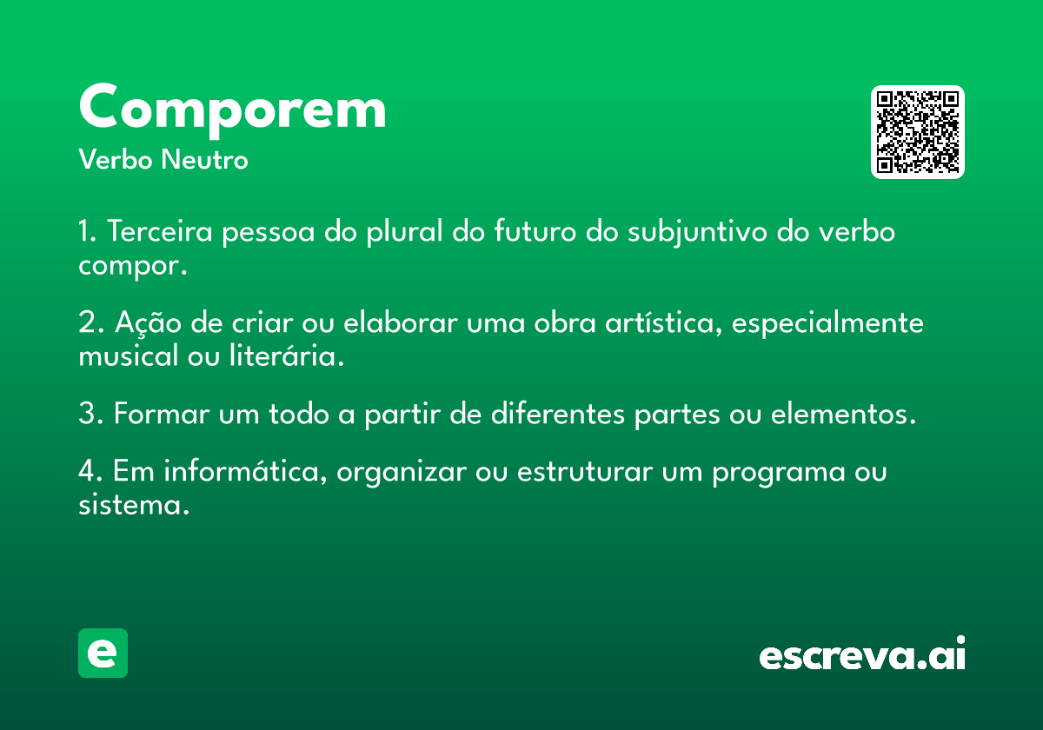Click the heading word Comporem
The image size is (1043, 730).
coord(232,109)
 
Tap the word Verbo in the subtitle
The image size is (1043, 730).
coord(116,159)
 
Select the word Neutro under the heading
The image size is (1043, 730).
coord(204,159)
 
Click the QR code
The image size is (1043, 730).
coord(917,132)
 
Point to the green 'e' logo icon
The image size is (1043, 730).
coord(103,653)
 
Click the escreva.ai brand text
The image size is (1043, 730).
coord(862,653)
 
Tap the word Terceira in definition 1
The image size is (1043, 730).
coord(160,231)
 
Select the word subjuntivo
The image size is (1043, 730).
coord(697,232)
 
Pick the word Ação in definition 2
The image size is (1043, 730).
coord(148,322)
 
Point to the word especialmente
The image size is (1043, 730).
coord(827,323)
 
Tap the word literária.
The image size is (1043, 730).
coord(287,355)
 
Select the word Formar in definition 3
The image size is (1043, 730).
coord(162,414)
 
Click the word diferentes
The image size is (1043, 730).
coord(558,413)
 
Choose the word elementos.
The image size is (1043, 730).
coord(843,414)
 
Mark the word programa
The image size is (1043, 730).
coord(779,473)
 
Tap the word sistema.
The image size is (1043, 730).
coord(134,504)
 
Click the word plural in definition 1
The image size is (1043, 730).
coord(405,232)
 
